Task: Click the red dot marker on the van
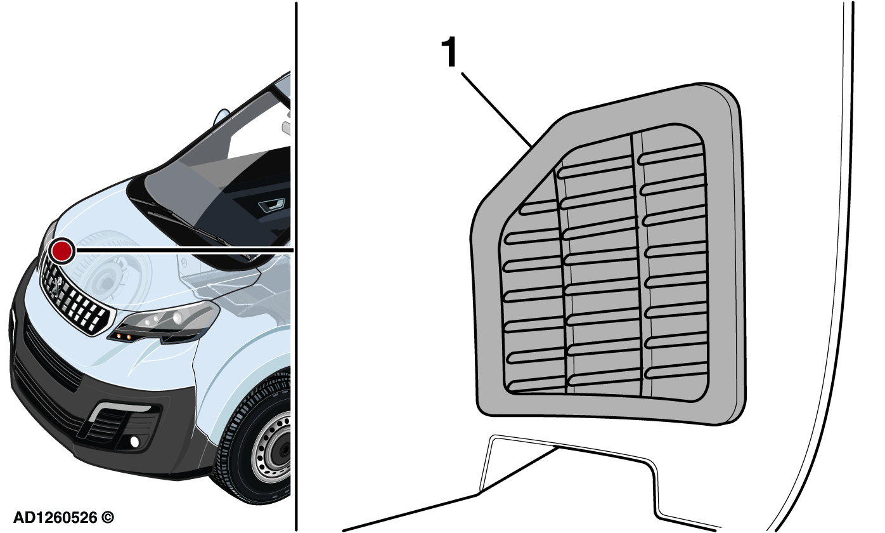(62, 251)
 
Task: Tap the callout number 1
(449, 52)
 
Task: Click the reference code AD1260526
(55, 518)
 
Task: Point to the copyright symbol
(108, 518)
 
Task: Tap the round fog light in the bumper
(135, 442)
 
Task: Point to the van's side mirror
(221, 117)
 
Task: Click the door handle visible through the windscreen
(272, 205)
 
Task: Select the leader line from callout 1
(496, 110)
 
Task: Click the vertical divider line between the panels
(296, 266)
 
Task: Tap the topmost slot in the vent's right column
(671, 155)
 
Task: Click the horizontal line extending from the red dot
(184, 250)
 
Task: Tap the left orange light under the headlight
(119, 336)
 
